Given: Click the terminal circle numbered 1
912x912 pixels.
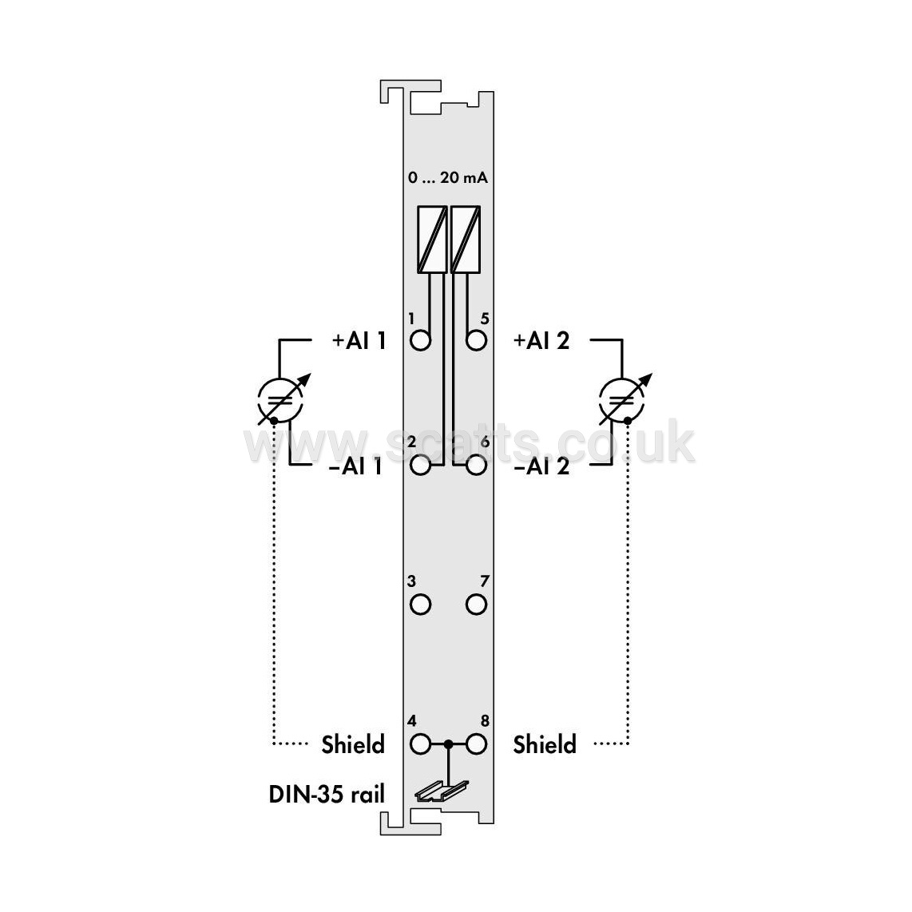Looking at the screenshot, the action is (420, 340).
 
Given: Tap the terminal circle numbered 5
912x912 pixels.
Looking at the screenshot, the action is (476, 340).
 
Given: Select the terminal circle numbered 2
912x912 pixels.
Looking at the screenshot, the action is (420, 466).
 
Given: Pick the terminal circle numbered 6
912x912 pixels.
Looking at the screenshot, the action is (476, 466).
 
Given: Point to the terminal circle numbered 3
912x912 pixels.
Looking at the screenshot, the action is (420, 605).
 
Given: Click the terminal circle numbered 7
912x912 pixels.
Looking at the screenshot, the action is (476, 605).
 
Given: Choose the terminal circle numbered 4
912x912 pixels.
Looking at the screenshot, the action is (420, 744).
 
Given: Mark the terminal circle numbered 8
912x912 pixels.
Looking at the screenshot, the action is (476, 744).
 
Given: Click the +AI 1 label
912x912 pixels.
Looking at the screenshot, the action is (359, 341).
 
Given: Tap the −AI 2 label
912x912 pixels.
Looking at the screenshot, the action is (541, 466).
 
